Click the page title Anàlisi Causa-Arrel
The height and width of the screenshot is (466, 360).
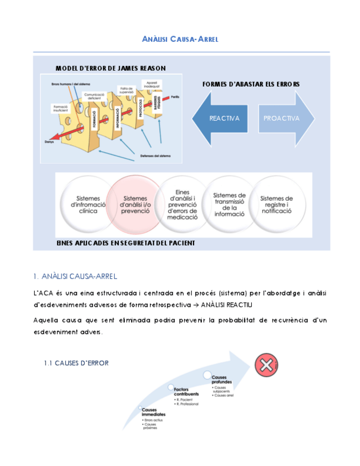click(180, 39)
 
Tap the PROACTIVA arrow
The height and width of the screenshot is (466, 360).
click(283, 118)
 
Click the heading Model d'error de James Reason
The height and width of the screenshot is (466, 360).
click(110, 68)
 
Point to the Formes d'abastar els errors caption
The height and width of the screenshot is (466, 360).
click(251, 84)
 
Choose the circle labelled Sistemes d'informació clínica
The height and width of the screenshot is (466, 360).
click(87, 205)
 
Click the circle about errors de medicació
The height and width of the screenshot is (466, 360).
click(182, 205)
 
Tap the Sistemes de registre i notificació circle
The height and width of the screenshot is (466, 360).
click(276, 204)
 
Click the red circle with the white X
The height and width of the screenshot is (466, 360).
click(266, 365)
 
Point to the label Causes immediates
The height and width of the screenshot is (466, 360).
click(153, 412)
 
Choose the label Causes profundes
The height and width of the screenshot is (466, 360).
click(222, 379)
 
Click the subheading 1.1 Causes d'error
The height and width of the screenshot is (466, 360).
click(76, 363)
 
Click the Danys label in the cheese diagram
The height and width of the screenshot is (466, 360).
click(48, 142)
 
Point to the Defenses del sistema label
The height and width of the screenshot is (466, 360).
click(155, 156)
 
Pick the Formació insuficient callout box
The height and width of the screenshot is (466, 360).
click(60, 108)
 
